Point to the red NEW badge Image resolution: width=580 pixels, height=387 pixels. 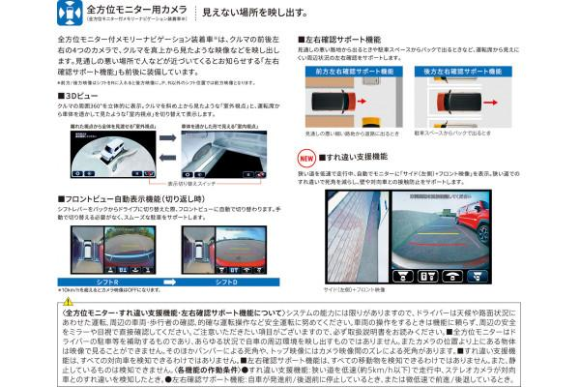pos(305,155)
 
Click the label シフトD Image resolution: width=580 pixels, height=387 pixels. pos(223,281)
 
